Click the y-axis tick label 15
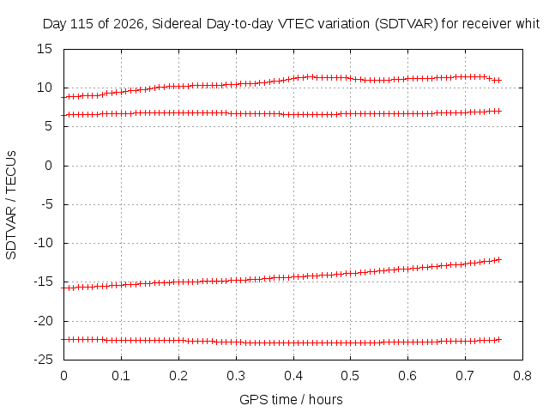[x=45, y=49]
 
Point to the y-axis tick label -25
[x=43, y=360]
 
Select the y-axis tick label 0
[x=48, y=166]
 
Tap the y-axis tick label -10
[x=43, y=243]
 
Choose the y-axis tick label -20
[x=43, y=320]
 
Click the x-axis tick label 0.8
[x=522, y=376]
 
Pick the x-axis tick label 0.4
[x=293, y=376]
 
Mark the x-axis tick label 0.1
[x=121, y=376]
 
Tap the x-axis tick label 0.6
[x=408, y=376]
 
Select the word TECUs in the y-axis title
[x=11, y=172]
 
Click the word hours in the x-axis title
[x=326, y=399]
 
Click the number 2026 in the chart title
[x=130, y=24]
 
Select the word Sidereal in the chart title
[x=178, y=24]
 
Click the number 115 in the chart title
[x=82, y=24]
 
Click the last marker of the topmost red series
[x=499, y=80]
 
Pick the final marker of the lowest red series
[x=499, y=340]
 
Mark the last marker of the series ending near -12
[x=499, y=259]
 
